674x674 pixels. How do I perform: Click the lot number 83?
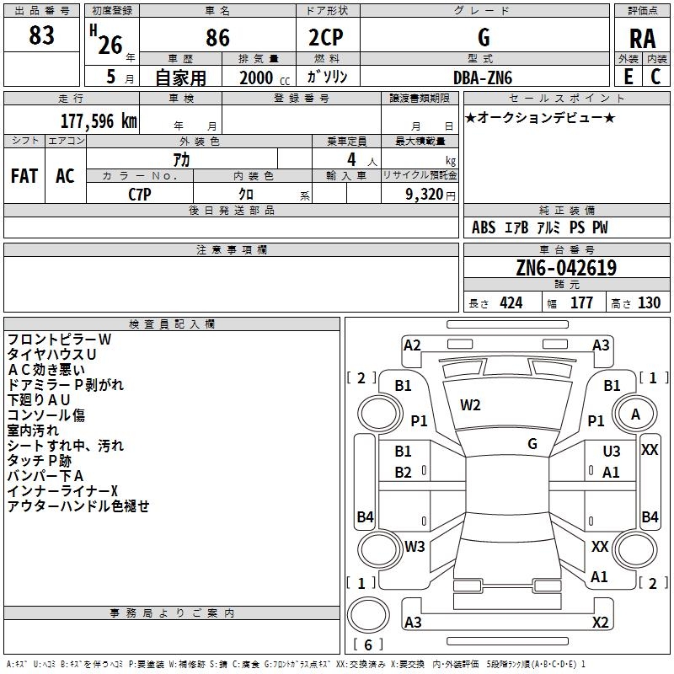click(x=41, y=35)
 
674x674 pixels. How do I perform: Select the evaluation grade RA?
click(x=642, y=39)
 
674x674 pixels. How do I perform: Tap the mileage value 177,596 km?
click(x=99, y=120)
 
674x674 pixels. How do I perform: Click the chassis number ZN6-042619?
click(x=566, y=267)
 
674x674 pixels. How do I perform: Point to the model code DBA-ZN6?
click(x=483, y=78)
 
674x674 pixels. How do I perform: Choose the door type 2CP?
click(x=326, y=37)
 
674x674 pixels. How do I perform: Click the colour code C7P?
click(x=140, y=195)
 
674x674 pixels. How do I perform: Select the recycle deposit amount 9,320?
click(x=425, y=195)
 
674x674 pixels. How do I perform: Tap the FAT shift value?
click(x=24, y=176)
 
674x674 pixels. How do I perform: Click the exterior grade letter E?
click(x=629, y=77)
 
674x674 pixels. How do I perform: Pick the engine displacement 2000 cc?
click(x=265, y=78)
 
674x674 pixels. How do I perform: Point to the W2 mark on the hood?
click(x=470, y=405)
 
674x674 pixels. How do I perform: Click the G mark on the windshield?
click(x=532, y=444)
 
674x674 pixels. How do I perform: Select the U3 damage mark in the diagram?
click(x=612, y=451)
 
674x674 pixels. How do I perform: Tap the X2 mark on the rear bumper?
click(x=600, y=622)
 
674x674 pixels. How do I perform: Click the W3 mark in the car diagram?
click(x=415, y=546)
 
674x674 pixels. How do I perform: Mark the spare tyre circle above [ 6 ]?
click(x=368, y=615)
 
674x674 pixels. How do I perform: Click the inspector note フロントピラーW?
click(x=59, y=340)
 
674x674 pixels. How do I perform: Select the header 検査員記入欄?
click(x=172, y=324)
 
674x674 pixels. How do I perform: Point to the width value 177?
click(x=581, y=302)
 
